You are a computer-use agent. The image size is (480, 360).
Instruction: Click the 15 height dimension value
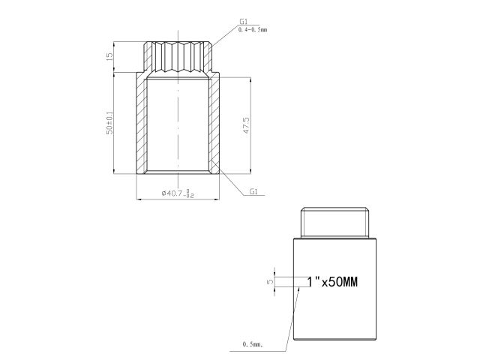coord(109,57)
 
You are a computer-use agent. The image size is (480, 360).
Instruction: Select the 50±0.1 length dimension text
coord(109,123)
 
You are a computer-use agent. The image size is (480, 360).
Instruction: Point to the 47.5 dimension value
coord(246,125)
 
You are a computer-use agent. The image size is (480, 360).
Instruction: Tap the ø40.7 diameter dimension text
coord(178,193)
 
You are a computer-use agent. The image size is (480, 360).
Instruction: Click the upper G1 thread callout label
coord(244,22)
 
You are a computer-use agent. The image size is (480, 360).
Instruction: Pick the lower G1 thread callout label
coord(253,192)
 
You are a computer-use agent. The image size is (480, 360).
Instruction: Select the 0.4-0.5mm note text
coord(253,30)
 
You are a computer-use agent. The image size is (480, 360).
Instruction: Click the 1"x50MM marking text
coord(332,282)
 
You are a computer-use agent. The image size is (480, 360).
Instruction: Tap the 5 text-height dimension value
coord(270,282)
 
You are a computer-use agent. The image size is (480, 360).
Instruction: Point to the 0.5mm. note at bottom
coord(253,344)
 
